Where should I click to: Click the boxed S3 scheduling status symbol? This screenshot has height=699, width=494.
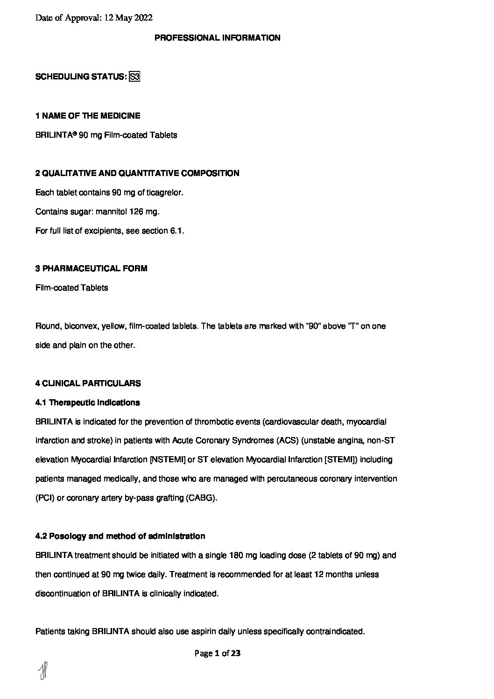click(x=134, y=77)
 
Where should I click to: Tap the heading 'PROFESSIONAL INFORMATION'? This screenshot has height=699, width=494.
click(x=217, y=38)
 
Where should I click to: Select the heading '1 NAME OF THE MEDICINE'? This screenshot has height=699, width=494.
click(x=88, y=115)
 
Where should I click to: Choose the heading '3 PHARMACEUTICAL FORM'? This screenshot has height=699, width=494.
click(x=91, y=268)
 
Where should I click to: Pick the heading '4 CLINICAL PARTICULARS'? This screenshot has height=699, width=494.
click(x=88, y=383)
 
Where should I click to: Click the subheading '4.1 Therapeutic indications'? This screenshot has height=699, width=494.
click(x=87, y=402)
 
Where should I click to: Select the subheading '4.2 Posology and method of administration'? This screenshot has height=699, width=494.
click(x=120, y=536)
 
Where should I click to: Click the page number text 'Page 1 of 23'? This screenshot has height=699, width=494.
click(x=218, y=654)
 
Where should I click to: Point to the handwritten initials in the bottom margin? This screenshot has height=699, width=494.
click(x=43, y=671)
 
